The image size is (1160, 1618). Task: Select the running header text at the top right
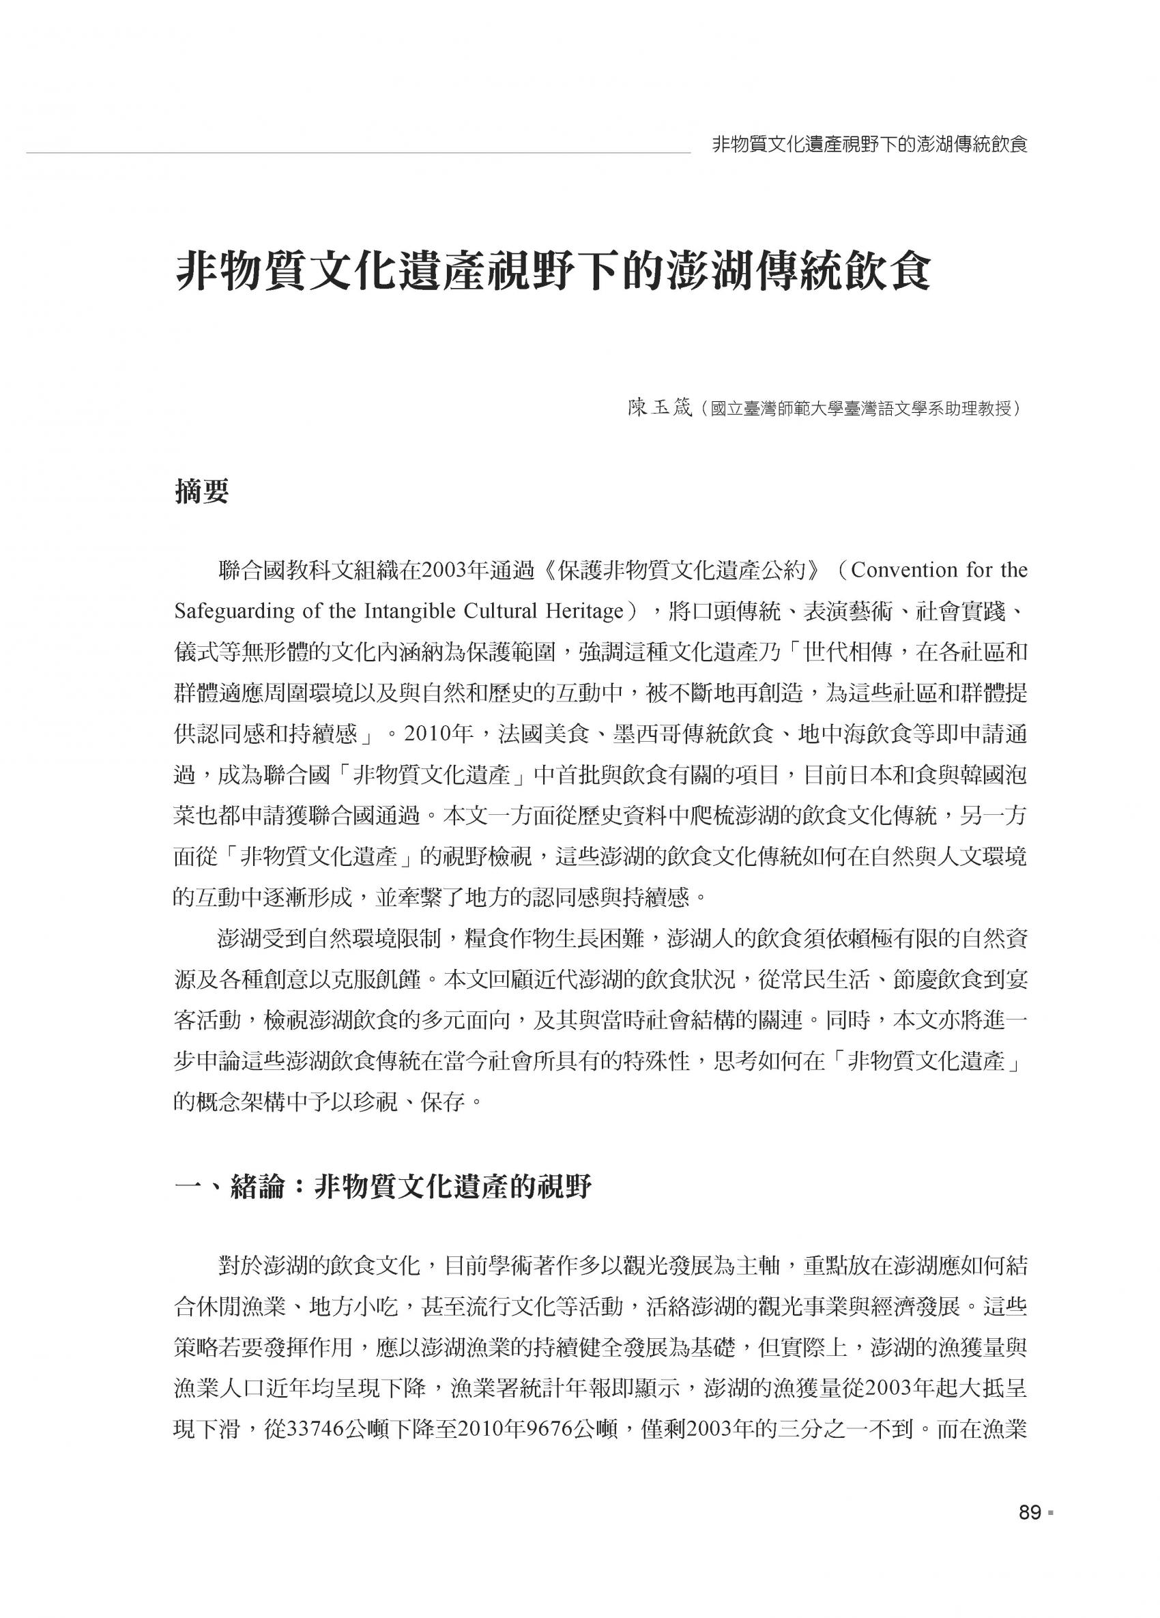[x=869, y=145]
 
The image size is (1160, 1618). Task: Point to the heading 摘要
[x=202, y=492]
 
